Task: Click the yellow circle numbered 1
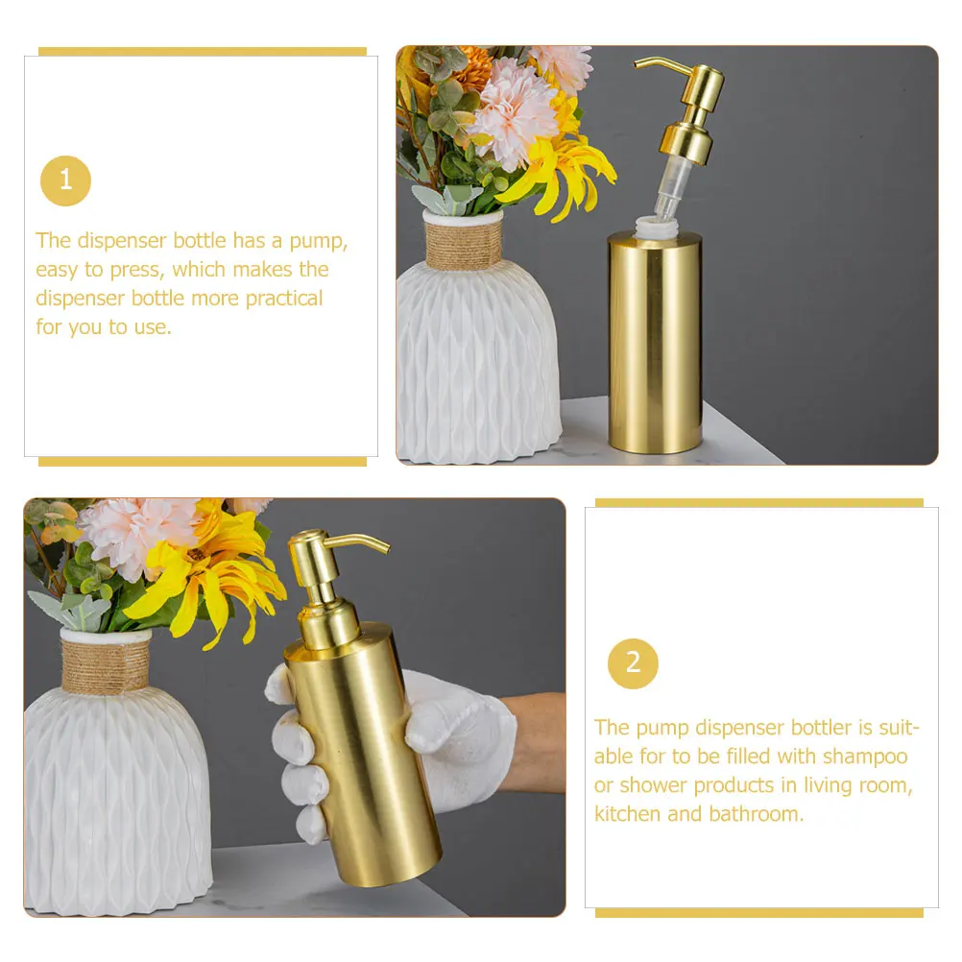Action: [65, 180]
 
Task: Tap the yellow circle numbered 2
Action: [633, 662]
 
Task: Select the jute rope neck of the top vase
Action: [464, 245]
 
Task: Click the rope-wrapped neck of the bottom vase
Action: [106, 664]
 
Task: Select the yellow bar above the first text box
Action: [202, 52]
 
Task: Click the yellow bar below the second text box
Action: [758, 912]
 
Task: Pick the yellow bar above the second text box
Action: [758, 502]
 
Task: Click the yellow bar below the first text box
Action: [202, 462]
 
